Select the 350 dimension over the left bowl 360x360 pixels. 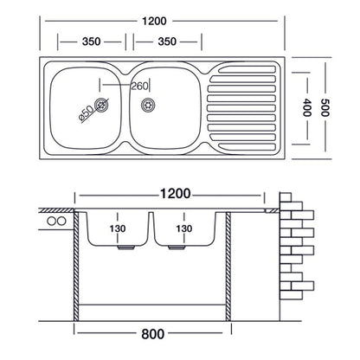pyautogui.click(x=90, y=41)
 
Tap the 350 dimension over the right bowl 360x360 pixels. pyautogui.click(x=162, y=41)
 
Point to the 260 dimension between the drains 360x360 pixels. pyautogui.click(x=138, y=85)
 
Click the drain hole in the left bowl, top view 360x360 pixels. pyautogui.click(x=103, y=106)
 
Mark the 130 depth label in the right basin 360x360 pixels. pyautogui.click(x=183, y=228)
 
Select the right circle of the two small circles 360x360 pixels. pyautogui.click(x=61, y=222)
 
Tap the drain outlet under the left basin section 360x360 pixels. pyautogui.click(x=125, y=247)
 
